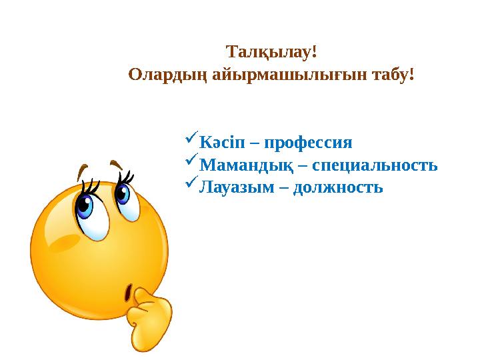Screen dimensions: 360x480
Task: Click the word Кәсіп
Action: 225,143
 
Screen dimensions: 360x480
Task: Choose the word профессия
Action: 307,143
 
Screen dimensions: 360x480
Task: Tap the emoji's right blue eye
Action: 123,194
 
